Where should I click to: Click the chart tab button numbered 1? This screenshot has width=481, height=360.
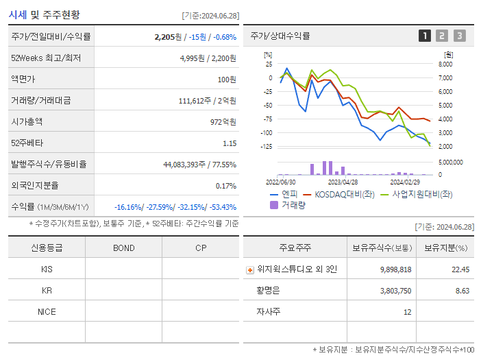click(x=425, y=36)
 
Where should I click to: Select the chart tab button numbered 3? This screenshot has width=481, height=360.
click(x=459, y=36)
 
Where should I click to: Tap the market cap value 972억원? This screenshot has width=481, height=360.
click(x=221, y=121)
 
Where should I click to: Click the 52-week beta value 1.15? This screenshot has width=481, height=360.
click(x=229, y=143)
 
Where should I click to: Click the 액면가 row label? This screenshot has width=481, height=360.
click(x=25, y=80)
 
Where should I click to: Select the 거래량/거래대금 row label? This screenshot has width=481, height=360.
click(x=40, y=101)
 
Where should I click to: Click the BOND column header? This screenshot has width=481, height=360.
click(x=123, y=248)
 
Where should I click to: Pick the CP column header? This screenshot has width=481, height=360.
click(x=201, y=248)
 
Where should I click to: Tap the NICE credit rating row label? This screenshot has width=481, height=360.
click(x=47, y=311)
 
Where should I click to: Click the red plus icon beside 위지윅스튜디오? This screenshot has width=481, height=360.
click(x=250, y=269)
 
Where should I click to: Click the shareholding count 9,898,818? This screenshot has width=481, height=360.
click(x=395, y=269)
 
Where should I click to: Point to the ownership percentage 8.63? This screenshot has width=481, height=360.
click(x=460, y=291)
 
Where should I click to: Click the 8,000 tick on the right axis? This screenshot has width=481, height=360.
click(x=445, y=64)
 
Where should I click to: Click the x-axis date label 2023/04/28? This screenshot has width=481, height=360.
click(x=343, y=182)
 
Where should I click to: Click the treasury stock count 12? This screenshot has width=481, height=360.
click(x=407, y=312)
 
